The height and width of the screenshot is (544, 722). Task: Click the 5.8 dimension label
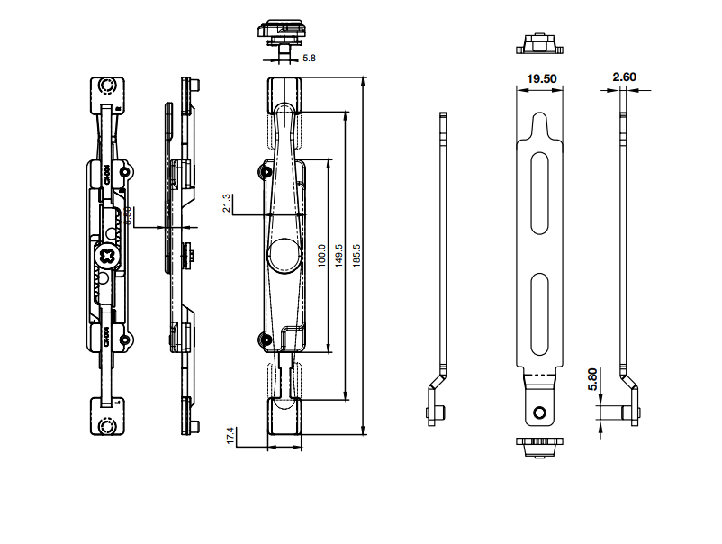point(309,58)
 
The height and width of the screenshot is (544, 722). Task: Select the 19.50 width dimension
point(541,79)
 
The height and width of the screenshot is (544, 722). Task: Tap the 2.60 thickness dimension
point(624,77)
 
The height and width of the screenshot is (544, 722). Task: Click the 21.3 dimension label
point(228,204)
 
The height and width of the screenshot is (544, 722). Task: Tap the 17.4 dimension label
point(230,436)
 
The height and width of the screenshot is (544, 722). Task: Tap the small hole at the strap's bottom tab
point(539,413)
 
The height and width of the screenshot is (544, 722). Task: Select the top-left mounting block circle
point(108,86)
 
